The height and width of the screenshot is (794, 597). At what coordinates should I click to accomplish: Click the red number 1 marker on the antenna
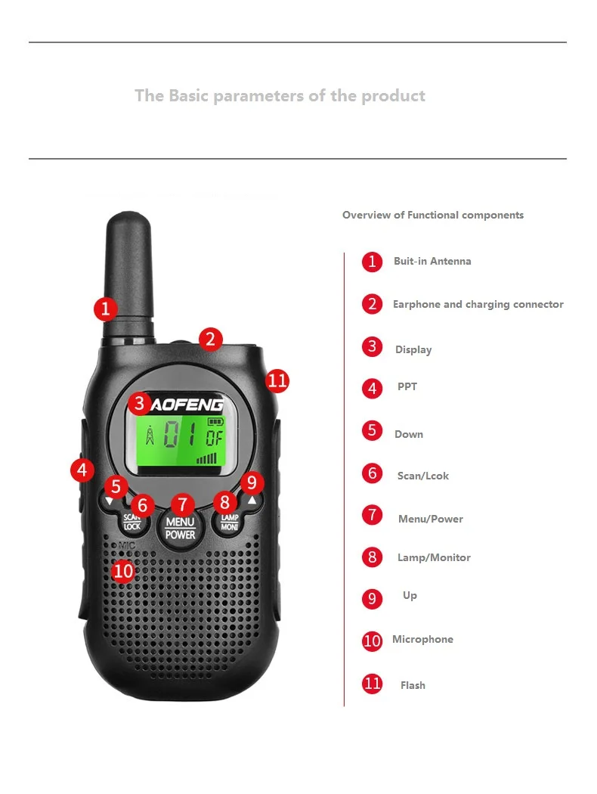point(106,309)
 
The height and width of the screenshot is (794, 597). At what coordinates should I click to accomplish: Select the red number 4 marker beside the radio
point(82,470)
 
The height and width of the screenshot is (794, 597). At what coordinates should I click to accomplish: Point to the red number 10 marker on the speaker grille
point(123,571)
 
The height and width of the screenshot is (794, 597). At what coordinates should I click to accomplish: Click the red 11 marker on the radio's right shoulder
point(277,381)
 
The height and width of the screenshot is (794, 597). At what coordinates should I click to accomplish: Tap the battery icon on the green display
point(215,421)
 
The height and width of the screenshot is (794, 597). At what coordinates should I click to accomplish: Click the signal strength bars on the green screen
point(206,458)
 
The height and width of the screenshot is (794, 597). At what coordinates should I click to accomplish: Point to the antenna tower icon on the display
point(150,436)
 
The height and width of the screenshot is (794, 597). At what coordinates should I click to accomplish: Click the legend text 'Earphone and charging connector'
point(478,304)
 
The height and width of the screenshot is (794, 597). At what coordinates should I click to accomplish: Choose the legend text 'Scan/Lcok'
point(423,476)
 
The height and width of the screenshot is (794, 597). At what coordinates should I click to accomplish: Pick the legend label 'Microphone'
point(423,639)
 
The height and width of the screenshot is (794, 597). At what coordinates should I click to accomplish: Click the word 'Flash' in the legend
point(413,685)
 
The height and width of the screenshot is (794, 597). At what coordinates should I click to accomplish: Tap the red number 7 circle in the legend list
point(373,515)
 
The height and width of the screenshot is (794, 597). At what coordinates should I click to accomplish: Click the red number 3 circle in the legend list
point(373,347)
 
